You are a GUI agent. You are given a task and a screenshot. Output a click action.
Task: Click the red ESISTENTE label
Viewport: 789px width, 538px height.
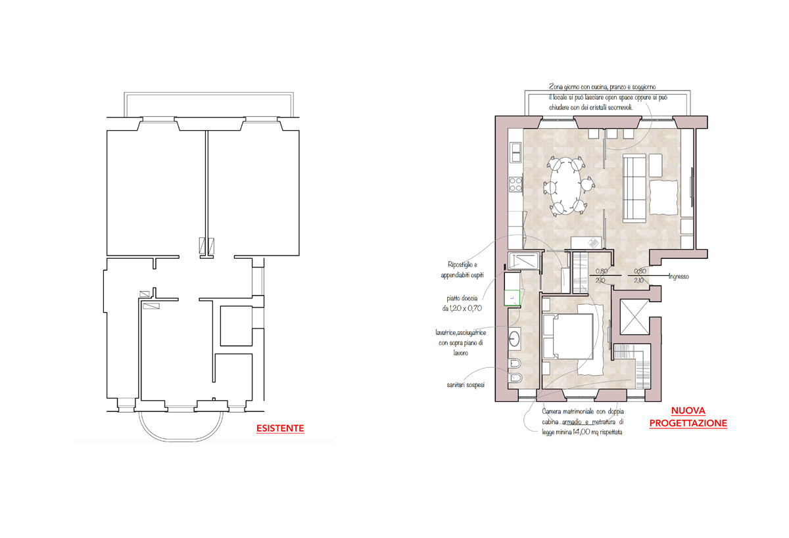coord(280,428)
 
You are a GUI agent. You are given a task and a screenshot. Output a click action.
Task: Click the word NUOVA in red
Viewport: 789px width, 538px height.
coord(688,411)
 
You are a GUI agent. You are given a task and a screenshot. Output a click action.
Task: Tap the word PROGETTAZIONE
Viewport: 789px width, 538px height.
coord(688,423)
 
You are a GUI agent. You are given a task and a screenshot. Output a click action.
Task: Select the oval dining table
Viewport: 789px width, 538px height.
coord(565,185)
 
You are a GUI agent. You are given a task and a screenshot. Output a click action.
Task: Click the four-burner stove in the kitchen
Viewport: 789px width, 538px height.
coord(515,185)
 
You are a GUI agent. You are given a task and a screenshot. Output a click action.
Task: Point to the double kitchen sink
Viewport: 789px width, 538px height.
coord(516,152)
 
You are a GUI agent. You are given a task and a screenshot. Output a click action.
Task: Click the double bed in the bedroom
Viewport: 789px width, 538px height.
coord(569,336)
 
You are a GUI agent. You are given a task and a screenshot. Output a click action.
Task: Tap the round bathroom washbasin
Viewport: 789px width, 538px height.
coord(514,338)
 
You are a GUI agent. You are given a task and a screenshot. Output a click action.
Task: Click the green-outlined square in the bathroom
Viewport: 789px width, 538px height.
coord(512,298)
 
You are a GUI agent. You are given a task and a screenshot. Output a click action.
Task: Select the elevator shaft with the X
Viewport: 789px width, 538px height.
coord(634,317)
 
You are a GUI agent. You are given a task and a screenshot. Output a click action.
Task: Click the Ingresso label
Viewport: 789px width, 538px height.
coord(679,277)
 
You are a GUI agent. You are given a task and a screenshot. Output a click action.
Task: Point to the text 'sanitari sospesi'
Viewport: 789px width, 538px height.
coord(466,385)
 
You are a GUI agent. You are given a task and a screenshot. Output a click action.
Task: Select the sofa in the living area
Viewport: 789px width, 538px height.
coord(634,189)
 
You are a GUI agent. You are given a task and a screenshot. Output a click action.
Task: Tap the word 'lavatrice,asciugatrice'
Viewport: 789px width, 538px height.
coord(461,332)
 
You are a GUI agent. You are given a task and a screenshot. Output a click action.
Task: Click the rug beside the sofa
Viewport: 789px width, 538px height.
coord(663,197)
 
